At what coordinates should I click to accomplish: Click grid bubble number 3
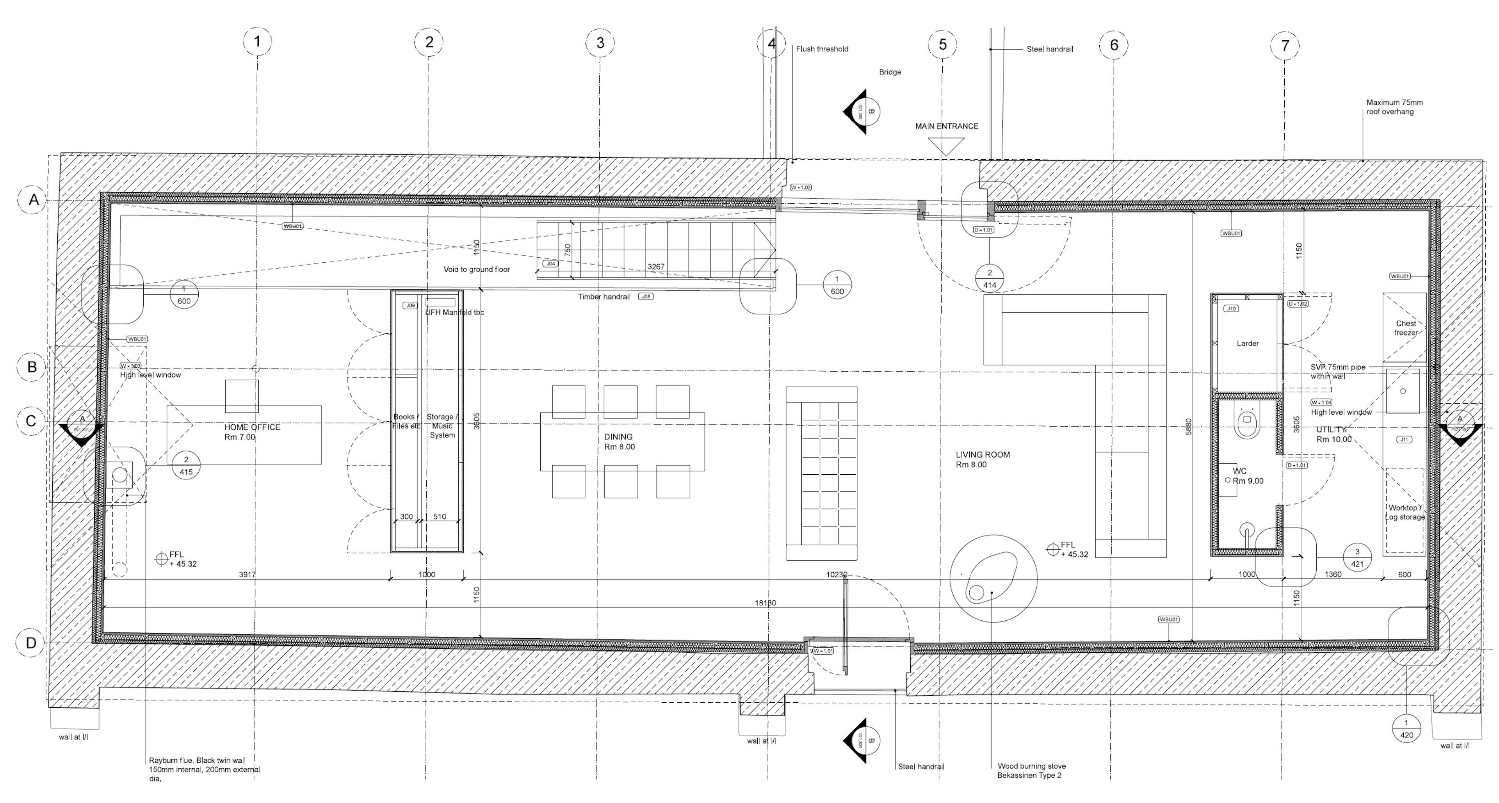[600, 43]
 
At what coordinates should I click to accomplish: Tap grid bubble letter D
[30, 643]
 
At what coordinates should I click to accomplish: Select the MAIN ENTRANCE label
[946, 126]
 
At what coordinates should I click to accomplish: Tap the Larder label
[1248, 343]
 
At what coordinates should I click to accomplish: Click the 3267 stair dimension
[656, 267]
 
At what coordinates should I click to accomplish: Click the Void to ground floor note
[477, 269]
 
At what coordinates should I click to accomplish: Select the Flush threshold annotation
[822, 49]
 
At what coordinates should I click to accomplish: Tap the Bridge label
[890, 72]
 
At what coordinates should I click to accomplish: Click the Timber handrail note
[604, 297]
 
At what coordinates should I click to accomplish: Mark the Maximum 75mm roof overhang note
[1394, 107]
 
